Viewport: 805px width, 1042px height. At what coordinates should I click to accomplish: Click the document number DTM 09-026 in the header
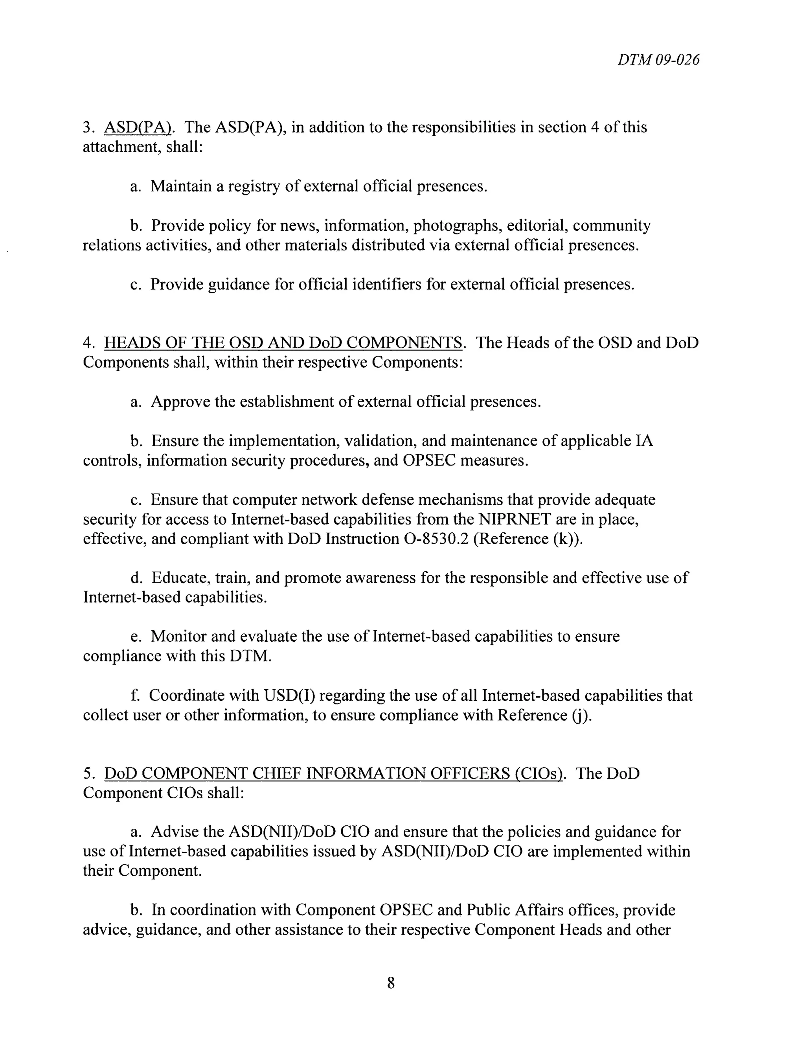point(658,60)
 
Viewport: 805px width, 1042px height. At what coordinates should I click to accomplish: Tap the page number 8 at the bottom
point(391,983)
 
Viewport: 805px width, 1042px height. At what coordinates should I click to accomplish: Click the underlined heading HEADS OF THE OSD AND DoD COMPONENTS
point(283,343)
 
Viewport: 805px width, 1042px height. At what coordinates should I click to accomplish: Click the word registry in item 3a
point(253,186)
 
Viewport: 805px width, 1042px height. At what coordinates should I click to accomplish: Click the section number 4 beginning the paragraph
point(87,343)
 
